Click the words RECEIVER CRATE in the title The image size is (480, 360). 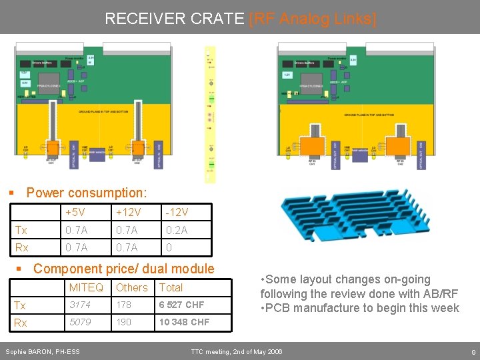click(x=175, y=19)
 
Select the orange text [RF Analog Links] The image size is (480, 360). click(x=313, y=19)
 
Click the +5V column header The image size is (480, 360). click(x=75, y=212)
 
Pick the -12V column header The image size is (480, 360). click(x=177, y=212)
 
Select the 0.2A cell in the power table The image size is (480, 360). click(x=177, y=230)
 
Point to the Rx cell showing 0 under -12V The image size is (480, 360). click(x=169, y=247)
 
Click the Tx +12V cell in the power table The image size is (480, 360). click(x=127, y=230)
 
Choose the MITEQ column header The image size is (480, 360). click(x=86, y=287)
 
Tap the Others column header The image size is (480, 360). click(x=131, y=287)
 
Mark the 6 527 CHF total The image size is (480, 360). click(x=181, y=305)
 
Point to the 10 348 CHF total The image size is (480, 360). click(x=184, y=322)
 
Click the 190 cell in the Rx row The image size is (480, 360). click(x=124, y=322)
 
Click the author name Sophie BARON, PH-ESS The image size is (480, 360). click(x=42, y=351)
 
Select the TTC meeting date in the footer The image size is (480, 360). click(x=237, y=351)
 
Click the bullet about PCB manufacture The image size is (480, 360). click(x=360, y=307)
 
